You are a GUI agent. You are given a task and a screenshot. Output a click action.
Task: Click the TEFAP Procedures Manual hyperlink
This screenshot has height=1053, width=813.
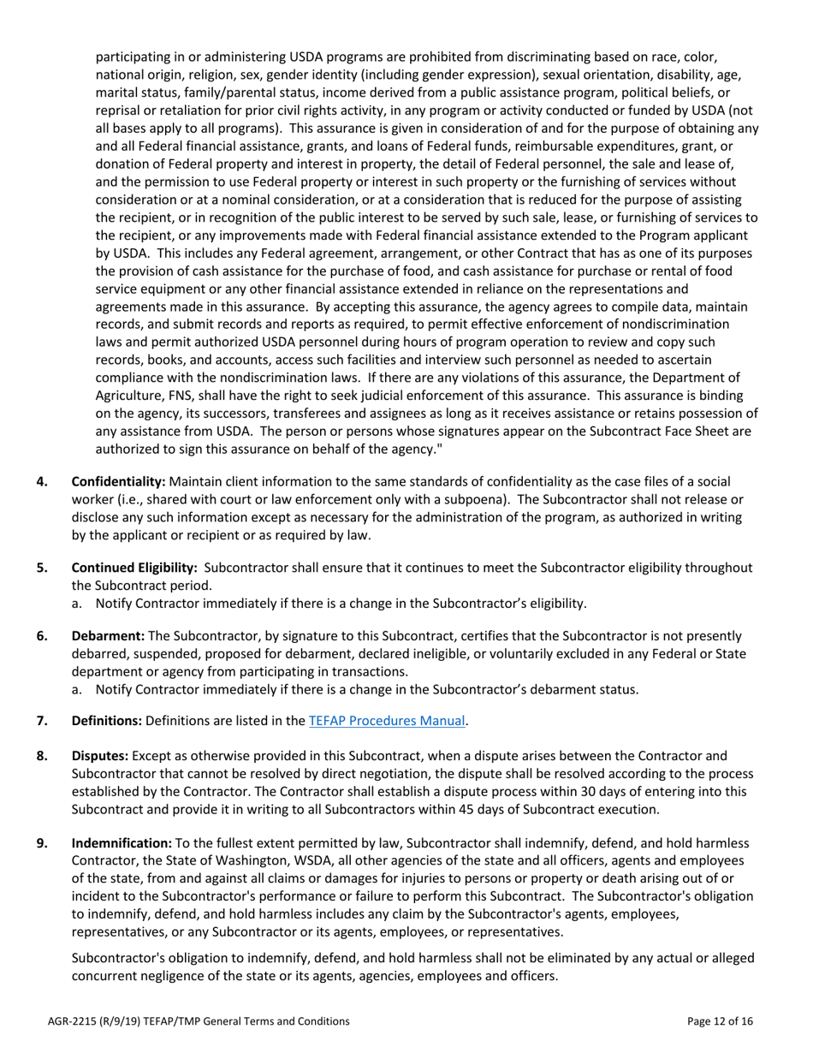coord(387,721)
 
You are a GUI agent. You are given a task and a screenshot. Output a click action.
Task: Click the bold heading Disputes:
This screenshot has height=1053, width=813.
coord(99,755)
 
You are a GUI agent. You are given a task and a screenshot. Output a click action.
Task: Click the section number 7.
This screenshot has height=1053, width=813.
coord(42,721)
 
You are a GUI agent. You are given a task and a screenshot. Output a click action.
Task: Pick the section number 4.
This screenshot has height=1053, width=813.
coord(42,482)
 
